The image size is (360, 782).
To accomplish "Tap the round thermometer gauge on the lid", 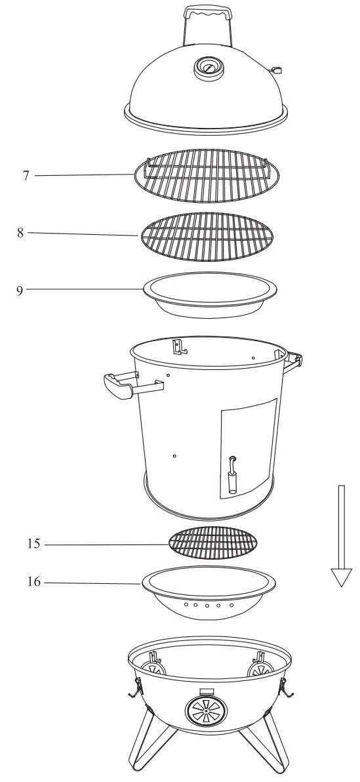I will pos(207,68).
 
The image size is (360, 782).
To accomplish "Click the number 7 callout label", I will pos(26,176).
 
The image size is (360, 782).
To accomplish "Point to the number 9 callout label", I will pos(20,289).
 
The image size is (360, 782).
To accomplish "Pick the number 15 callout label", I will pos(34,544).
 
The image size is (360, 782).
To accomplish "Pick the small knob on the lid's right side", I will pos(278,70).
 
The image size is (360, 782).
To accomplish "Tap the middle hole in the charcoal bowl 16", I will pos(207,605).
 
